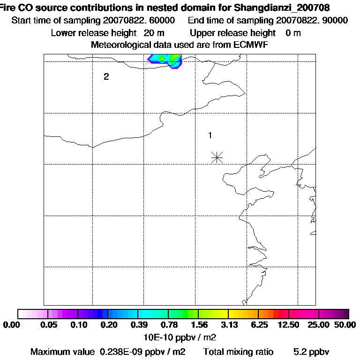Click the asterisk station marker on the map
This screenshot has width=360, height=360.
pos(217,157)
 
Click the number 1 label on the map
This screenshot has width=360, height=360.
pos(210,135)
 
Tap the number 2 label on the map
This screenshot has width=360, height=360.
pos(106,77)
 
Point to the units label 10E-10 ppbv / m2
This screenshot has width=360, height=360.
pos(180,337)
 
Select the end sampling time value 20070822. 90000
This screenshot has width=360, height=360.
pos(312,20)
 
